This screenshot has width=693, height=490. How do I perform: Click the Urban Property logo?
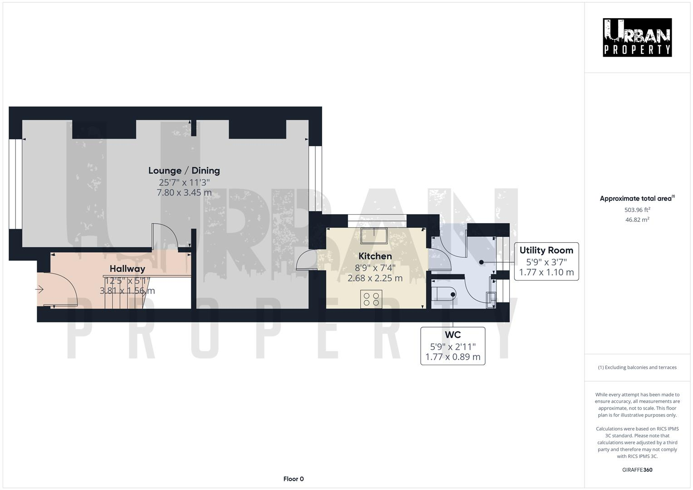(x=637, y=37)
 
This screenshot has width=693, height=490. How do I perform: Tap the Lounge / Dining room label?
(x=184, y=171)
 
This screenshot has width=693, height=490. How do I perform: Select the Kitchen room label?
(x=375, y=256)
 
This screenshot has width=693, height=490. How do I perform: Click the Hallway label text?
(x=127, y=269)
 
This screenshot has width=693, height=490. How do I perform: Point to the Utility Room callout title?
(x=546, y=250)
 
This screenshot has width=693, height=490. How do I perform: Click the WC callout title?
(x=452, y=335)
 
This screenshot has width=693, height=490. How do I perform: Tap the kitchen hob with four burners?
(x=371, y=299)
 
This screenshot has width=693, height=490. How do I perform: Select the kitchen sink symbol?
(x=374, y=236)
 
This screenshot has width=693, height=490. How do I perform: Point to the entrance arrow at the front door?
(x=40, y=289)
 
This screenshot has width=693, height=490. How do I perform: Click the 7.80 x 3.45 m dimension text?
(x=184, y=193)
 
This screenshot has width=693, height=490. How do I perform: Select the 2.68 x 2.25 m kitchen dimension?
(x=375, y=278)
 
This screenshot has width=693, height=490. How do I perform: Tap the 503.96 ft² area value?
(x=637, y=210)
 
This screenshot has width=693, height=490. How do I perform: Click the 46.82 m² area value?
(x=637, y=220)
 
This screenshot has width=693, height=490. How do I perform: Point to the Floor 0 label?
(x=293, y=479)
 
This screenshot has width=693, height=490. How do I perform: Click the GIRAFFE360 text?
(x=637, y=470)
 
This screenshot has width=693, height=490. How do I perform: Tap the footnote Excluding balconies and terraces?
(x=637, y=367)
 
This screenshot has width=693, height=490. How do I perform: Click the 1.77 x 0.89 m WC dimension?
(x=452, y=357)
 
